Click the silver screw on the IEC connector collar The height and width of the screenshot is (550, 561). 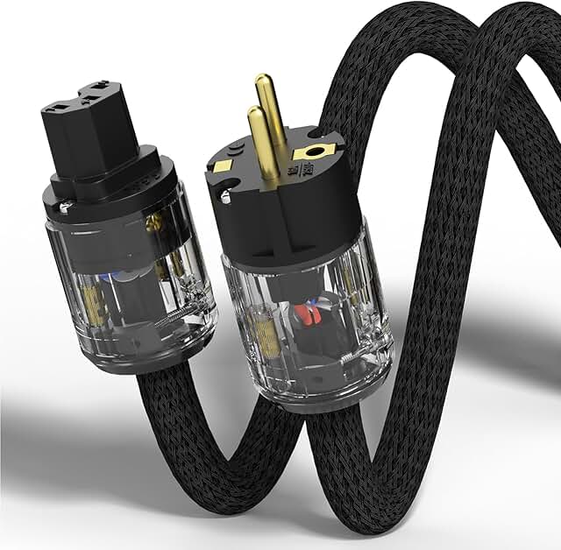coord(66,207)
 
